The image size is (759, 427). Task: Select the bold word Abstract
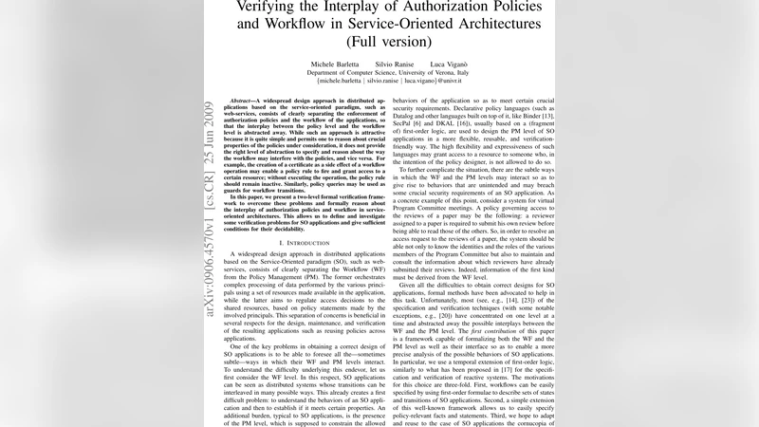click(247, 100)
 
